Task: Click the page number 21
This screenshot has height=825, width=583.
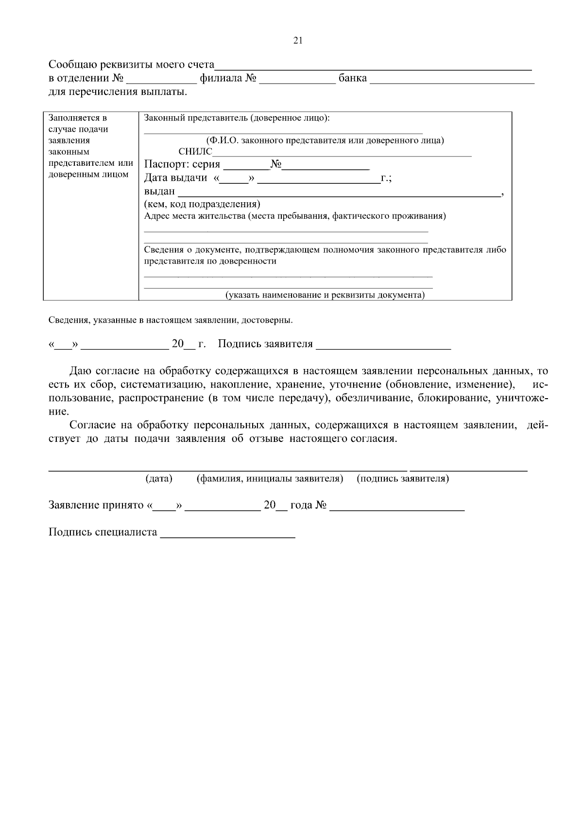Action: pos(298,41)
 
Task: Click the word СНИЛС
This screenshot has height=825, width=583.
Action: pos(195,152)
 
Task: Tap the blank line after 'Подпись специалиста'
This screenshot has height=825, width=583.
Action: pos(227,537)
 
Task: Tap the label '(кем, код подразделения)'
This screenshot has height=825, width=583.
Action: pos(202,204)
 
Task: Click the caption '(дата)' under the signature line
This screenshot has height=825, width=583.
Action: pos(159,479)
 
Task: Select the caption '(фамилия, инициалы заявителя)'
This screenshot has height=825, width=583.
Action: pos(270,479)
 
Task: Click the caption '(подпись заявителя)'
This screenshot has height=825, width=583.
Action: pos(403,479)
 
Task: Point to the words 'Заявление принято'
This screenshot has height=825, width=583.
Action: pos(96,505)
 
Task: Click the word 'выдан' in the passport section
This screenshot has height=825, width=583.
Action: pos(159,192)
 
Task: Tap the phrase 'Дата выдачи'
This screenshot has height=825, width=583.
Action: pos(175,178)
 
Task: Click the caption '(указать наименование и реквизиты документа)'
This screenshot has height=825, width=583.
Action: pos(325,295)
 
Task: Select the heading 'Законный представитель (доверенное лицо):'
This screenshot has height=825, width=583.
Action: pos(237,118)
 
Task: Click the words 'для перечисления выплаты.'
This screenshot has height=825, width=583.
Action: pos(118,92)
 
